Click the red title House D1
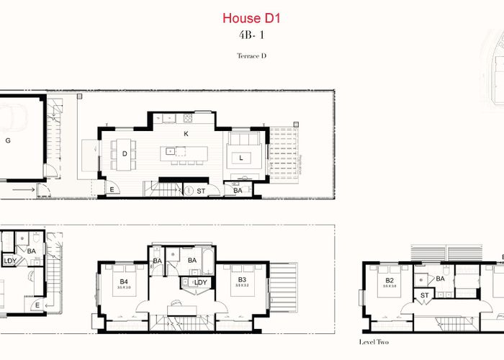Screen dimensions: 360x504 (x=251, y=17)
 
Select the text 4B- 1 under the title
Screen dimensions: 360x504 (x=251, y=35)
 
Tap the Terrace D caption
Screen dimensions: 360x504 (x=251, y=55)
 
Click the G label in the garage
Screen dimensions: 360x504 (x=8, y=140)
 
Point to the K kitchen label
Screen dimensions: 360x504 (x=186, y=135)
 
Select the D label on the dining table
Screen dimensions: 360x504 (x=125, y=154)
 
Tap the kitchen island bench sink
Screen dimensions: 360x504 (x=171, y=152)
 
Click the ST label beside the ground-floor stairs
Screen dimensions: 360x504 (x=202, y=191)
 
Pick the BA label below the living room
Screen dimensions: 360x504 (x=238, y=191)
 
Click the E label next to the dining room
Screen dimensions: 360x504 (x=112, y=190)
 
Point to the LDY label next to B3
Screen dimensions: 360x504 (x=200, y=282)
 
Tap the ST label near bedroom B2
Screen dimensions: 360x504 (x=425, y=294)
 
